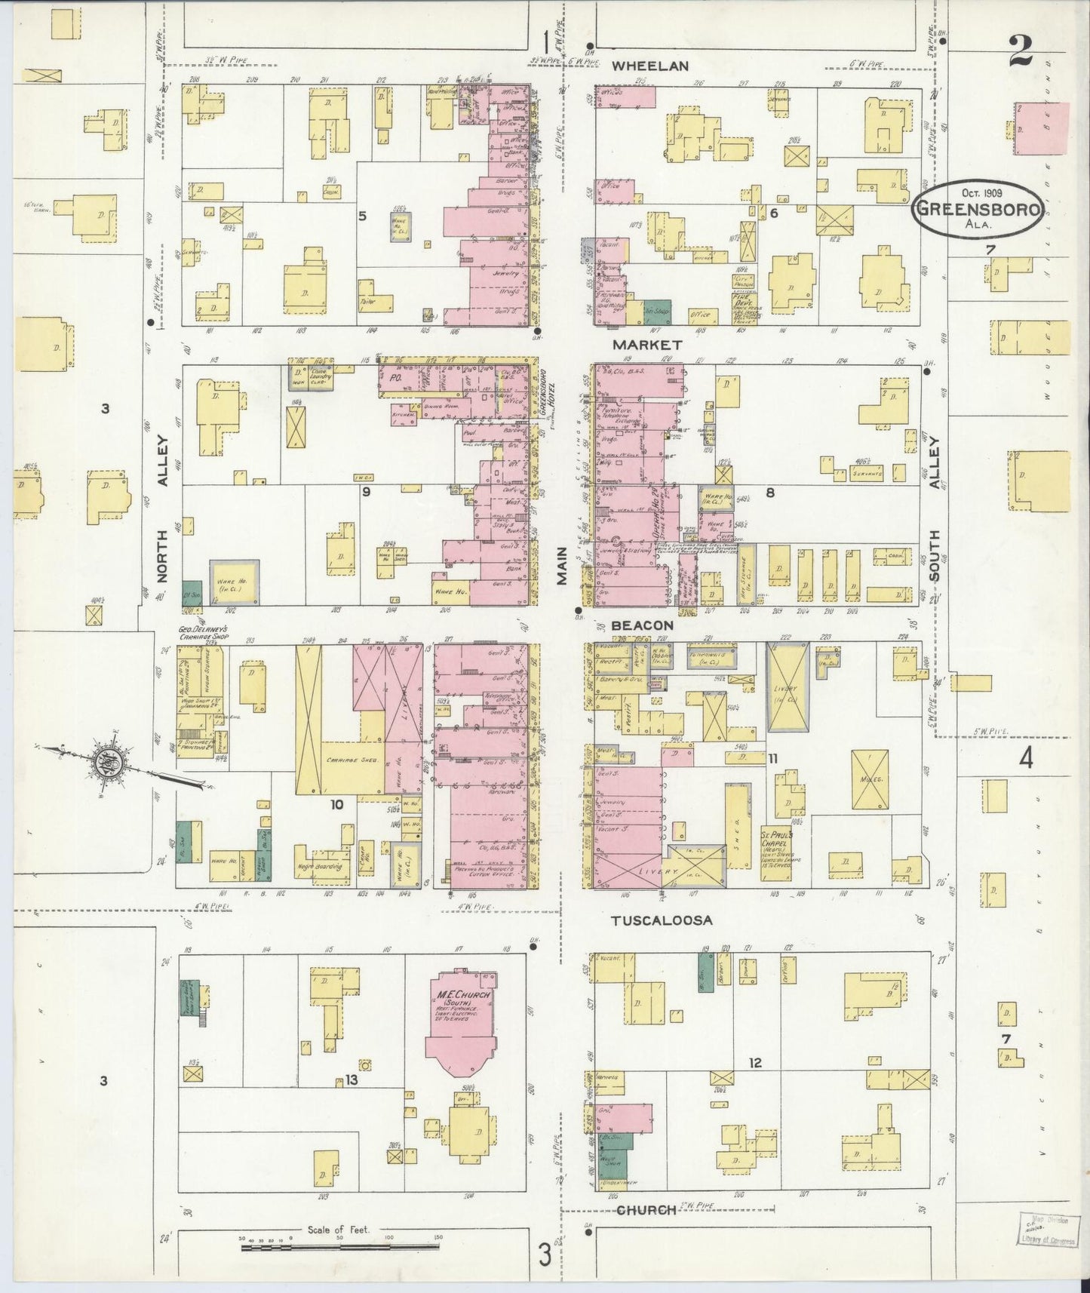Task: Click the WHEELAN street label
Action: point(649,66)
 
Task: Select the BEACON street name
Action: point(642,625)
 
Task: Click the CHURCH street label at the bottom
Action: point(646,1210)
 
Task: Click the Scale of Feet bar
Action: point(341,1248)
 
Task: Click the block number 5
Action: point(363,216)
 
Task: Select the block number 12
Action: point(755,1063)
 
